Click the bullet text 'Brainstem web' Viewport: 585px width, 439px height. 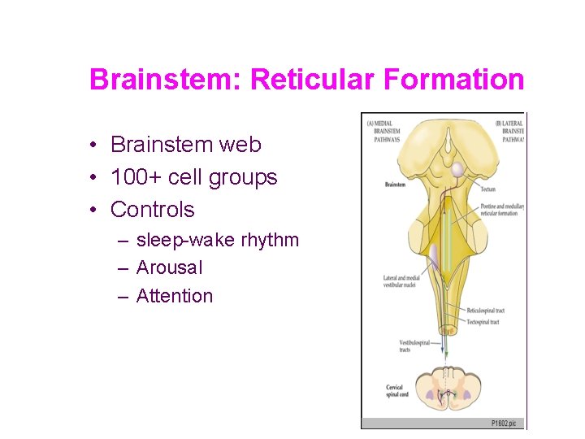[x=186, y=145]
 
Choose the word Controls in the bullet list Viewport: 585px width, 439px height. [x=153, y=210]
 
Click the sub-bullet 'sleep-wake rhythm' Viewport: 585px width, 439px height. [x=218, y=240]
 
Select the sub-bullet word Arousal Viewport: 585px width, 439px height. [x=170, y=267]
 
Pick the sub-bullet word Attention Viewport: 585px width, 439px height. [x=175, y=296]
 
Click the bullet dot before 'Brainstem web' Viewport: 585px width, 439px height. [x=95, y=146]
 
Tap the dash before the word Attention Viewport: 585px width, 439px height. [x=123, y=296]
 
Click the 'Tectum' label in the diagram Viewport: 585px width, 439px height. [x=488, y=188]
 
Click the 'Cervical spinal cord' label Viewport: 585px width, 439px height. [x=395, y=391]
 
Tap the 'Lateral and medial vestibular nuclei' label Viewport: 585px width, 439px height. [x=402, y=281]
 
